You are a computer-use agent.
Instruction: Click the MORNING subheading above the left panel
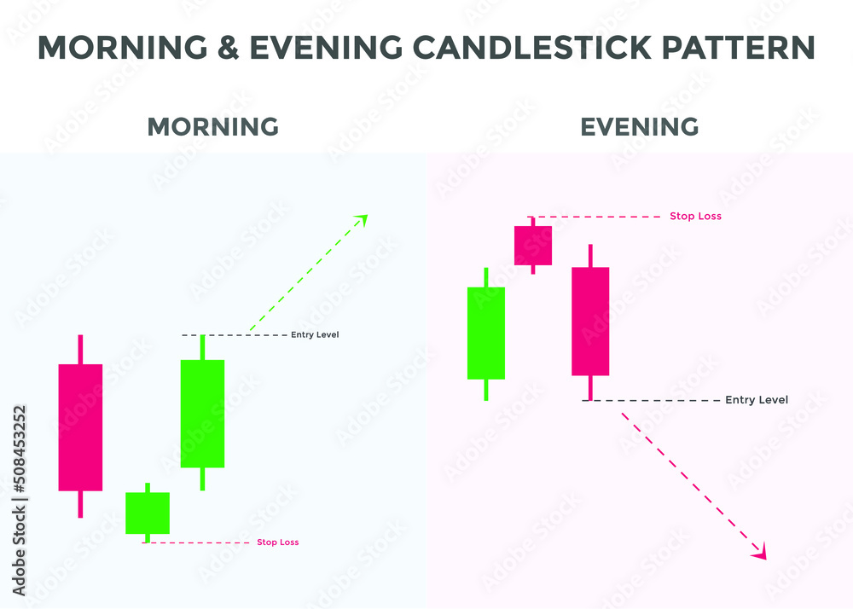(x=213, y=127)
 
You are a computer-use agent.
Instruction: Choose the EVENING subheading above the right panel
(x=640, y=127)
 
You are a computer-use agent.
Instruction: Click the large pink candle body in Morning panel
(x=80, y=427)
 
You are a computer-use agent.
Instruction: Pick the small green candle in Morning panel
(x=148, y=513)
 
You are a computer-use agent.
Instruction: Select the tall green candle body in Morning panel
(x=202, y=414)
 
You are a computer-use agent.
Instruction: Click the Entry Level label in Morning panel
(x=315, y=334)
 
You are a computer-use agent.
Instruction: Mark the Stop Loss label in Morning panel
(x=278, y=542)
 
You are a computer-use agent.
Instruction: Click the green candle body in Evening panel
(x=486, y=333)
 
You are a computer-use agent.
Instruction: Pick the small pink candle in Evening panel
(x=533, y=246)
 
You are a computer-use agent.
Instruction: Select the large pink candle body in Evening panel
(x=590, y=322)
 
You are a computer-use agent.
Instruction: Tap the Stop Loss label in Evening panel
(x=695, y=217)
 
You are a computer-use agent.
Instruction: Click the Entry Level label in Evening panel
(x=757, y=400)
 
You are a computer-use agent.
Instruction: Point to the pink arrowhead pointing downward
(x=759, y=553)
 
